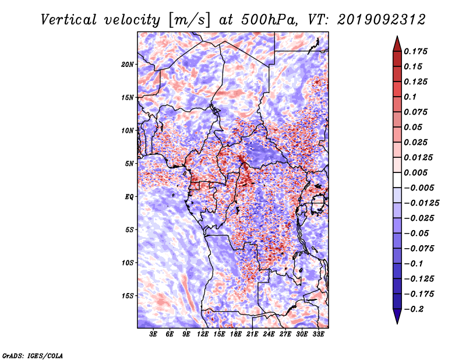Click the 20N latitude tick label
click(x=128, y=65)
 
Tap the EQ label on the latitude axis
click(x=129, y=197)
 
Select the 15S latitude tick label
click(x=128, y=296)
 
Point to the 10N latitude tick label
click(x=128, y=130)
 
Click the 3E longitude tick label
click(x=153, y=334)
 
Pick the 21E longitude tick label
click(x=252, y=334)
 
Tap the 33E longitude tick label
click(x=318, y=334)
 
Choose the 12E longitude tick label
click(x=203, y=334)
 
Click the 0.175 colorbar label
click(x=415, y=51)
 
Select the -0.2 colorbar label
click(x=414, y=309)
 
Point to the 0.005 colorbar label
click(x=415, y=172)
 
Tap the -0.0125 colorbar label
click(x=421, y=203)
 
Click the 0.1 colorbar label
click(x=410, y=97)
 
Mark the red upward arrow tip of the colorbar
click(x=397, y=36)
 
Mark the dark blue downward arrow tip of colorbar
click(x=397, y=323)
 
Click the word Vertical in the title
click(x=69, y=20)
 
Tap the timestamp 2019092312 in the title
click(x=382, y=20)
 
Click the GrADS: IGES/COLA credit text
click(x=33, y=356)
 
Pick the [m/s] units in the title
click(x=189, y=20)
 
